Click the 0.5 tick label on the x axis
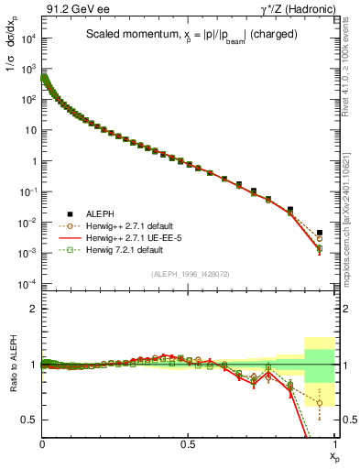[188, 442]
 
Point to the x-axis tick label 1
[334, 442]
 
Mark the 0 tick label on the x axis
[43, 442]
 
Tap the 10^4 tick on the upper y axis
[27, 38]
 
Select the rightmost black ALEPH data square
[320, 233]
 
